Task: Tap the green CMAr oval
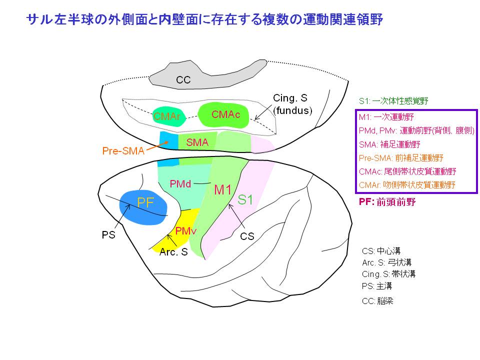click(168, 116)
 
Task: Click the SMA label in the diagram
click(197, 142)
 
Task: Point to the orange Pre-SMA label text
click(123, 150)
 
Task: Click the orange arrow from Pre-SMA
click(159, 144)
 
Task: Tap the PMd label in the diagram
click(180, 183)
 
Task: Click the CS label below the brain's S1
click(247, 236)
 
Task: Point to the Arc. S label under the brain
click(173, 252)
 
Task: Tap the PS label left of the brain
click(108, 234)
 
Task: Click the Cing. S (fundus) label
click(292, 104)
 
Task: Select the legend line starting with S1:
click(393, 100)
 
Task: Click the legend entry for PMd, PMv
click(416, 130)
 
